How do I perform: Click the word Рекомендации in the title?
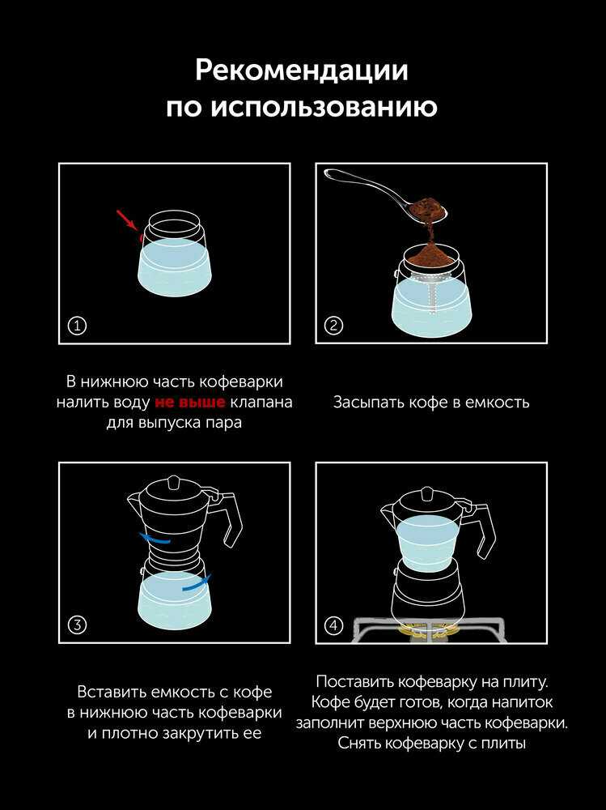click(x=302, y=70)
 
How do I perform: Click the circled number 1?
click(x=78, y=326)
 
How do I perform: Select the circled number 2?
click(x=333, y=326)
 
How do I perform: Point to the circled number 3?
click(x=78, y=625)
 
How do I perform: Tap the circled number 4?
click(x=333, y=625)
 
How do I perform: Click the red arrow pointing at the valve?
click(x=126, y=219)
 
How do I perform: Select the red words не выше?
click(x=190, y=402)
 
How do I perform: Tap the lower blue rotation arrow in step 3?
click(x=196, y=582)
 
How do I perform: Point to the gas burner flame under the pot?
click(x=427, y=631)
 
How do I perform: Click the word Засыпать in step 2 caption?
click(x=368, y=402)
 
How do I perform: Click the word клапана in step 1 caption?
click(x=261, y=402)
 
